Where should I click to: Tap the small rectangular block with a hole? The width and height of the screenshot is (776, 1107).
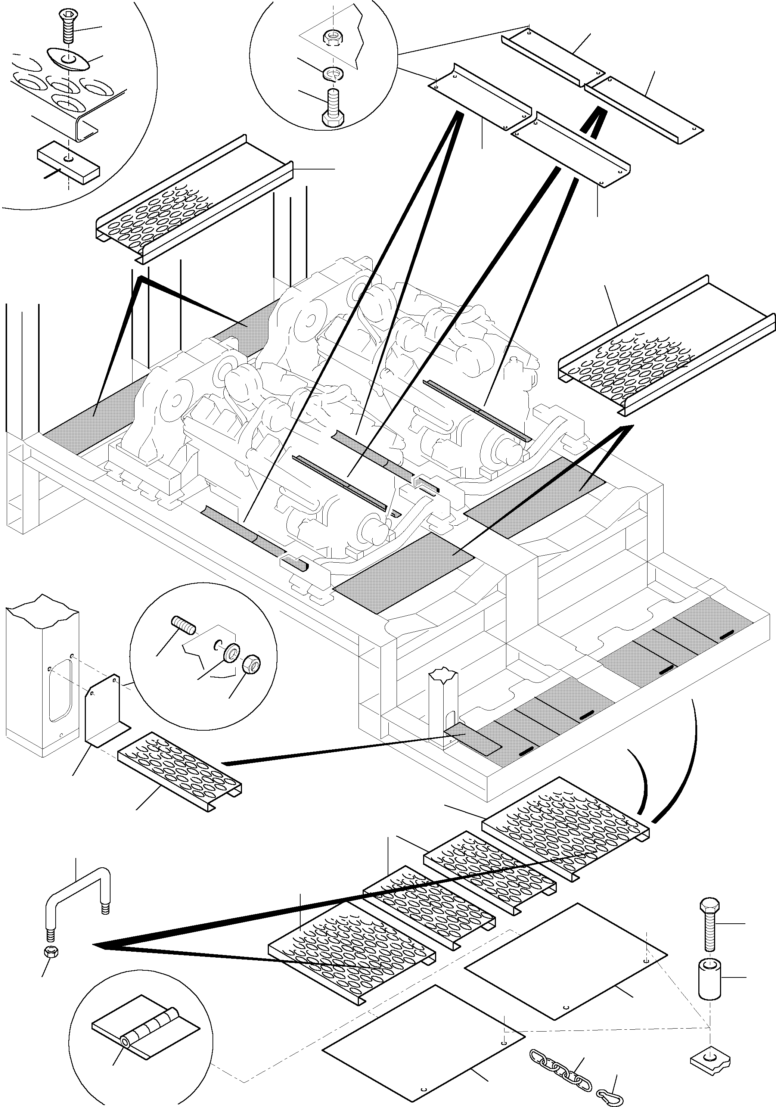[68, 163]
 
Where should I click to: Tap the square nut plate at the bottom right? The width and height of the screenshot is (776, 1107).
[708, 1057]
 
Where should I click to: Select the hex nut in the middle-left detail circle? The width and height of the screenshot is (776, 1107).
[251, 666]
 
